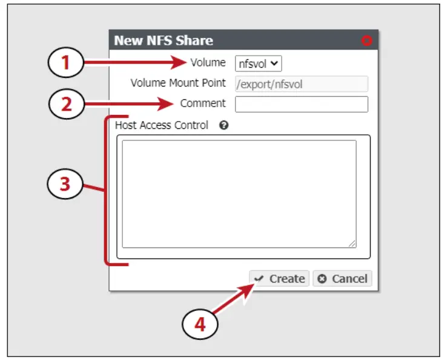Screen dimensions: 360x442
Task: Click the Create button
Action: [279, 278]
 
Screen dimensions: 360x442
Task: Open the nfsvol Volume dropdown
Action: [259, 63]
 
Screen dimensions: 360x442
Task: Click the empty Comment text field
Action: [301, 105]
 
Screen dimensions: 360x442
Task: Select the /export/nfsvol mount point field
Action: [301, 84]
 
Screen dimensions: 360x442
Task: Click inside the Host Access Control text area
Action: [239, 194]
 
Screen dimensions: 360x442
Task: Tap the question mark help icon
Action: [223, 126]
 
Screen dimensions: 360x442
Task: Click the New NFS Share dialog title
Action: [163, 41]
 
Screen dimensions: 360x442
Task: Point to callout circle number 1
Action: [65, 63]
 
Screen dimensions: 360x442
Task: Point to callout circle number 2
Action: [65, 103]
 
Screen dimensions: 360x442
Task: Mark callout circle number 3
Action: [65, 184]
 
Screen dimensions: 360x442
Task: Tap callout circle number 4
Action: [200, 325]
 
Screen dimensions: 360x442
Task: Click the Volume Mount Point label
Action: [178, 83]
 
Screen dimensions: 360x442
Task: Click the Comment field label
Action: [203, 103]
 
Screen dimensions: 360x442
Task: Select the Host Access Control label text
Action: [162, 126]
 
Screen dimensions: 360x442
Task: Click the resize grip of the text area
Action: [352, 243]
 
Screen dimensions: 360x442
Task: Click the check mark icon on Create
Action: [259, 279]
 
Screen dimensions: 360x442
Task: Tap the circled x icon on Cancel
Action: [322, 279]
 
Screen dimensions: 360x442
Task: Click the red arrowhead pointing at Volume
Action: [182, 62]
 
